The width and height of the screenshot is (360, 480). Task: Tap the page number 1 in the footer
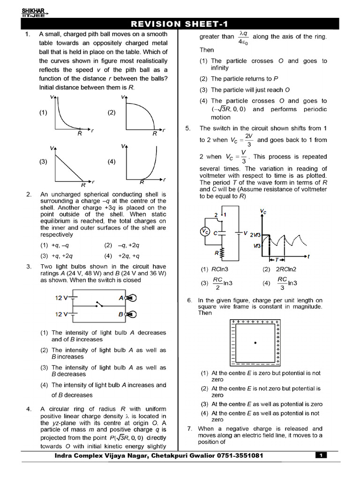click(321, 455)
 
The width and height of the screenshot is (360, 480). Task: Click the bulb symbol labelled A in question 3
click(131, 298)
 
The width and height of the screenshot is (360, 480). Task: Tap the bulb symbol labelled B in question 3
click(131, 314)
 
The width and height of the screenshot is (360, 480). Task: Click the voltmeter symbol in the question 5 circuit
click(204, 232)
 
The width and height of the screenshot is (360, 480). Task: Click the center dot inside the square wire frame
click(255, 343)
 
